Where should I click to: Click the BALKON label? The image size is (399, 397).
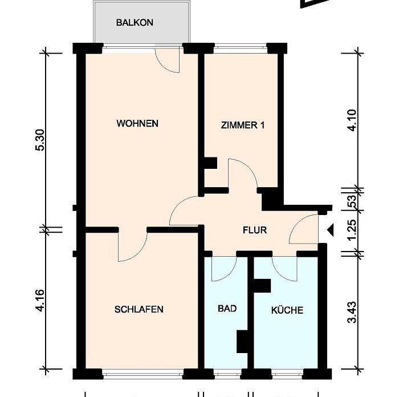pyautogui.click(x=135, y=22)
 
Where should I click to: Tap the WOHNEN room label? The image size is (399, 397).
pyautogui.click(x=137, y=124)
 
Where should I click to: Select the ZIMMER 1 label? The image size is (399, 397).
pyautogui.click(x=242, y=125)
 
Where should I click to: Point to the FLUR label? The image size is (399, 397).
pyautogui.click(x=255, y=230)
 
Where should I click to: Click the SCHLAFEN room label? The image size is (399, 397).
pyautogui.click(x=139, y=309)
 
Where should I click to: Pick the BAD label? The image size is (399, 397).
pyautogui.click(x=227, y=309)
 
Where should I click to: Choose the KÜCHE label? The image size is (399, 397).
pyautogui.click(x=287, y=310)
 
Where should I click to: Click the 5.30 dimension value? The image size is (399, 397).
pyautogui.click(x=40, y=140)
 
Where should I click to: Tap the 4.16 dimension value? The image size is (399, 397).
pyautogui.click(x=40, y=301)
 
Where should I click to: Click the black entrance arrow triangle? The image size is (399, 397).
pyautogui.click(x=330, y=230)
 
